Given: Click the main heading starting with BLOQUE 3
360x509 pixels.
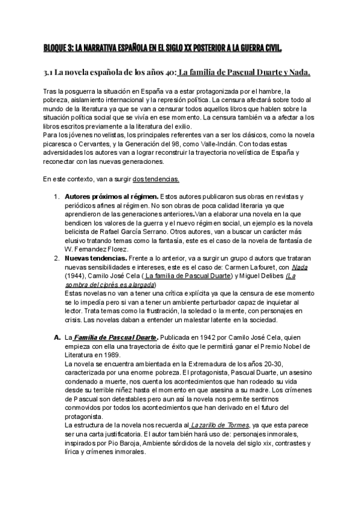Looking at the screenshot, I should (x=163, y=47).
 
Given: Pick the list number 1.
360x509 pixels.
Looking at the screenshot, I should (x=56, y=197).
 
